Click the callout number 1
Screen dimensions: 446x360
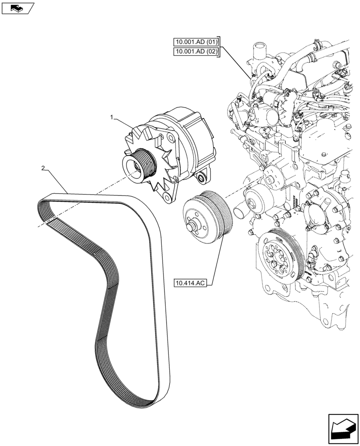[x=113, y=117]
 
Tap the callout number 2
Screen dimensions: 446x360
[x=43, y=169]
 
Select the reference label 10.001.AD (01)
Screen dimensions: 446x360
[x=196, y=43]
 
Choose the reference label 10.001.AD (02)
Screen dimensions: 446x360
[x=196, y=52]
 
